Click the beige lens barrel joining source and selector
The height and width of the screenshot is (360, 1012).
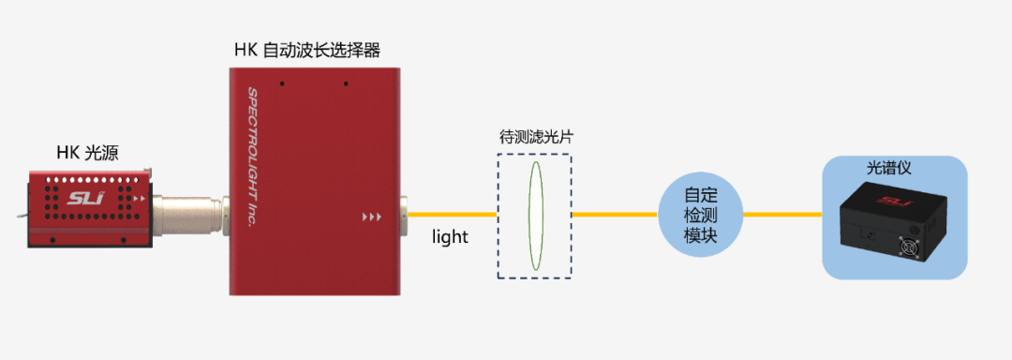pos(187,212)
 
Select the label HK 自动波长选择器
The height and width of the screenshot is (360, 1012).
pos(306,49)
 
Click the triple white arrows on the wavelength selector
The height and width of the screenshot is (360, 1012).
pos(372,217)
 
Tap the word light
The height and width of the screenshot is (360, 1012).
pos(450,237)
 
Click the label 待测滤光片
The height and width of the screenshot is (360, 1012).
pos(536,137)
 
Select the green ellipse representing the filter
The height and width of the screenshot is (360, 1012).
pos(535,217)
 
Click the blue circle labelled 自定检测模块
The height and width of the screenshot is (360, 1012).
pos(701,215)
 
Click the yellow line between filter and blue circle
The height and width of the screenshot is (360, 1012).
pos(615,215)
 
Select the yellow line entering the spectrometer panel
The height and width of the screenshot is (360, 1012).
pos(781,215)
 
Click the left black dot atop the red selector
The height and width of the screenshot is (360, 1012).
pos(281,83)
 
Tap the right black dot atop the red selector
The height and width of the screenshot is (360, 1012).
pos(346,83)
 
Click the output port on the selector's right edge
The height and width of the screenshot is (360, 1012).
pos(404,214)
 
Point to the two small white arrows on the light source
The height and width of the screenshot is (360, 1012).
pos(141,199)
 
